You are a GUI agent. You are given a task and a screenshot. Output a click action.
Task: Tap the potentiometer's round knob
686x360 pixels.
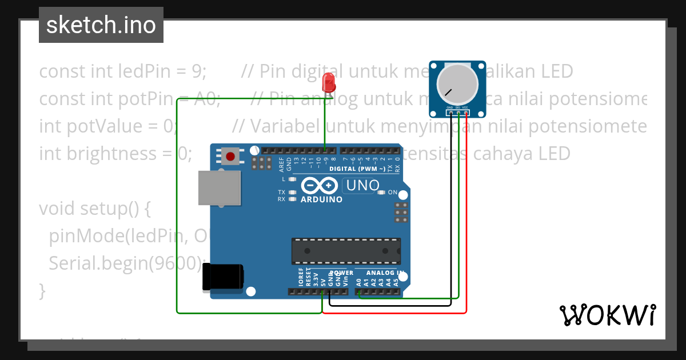(x=457, y=83)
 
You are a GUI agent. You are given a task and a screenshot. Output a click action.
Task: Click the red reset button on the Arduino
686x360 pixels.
(x=230, y=157)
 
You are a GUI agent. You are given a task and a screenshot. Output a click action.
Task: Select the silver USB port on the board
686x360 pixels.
(x=219, y=187)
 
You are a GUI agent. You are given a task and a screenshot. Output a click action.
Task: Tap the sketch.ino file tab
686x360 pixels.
(x=101, y=25)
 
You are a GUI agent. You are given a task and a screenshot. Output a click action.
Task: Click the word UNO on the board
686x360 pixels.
(x=363, y=186)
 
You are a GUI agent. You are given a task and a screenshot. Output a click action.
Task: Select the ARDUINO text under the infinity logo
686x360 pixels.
(x=321, y=199)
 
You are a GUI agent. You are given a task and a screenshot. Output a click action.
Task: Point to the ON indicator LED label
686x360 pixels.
(x=392, y=193)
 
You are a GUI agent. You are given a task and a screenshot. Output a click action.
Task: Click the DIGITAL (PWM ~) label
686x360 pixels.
(x=357, y=169)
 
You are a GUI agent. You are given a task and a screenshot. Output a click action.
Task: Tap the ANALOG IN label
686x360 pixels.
(x=385, y=273)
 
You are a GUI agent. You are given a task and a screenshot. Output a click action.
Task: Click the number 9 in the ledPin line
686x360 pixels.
(x=197, y=71)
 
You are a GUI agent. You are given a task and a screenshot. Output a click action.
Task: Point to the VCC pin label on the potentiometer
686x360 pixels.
(x=466, y=107)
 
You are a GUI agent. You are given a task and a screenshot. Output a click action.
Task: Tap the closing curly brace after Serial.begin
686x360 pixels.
(x=41, y=291)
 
